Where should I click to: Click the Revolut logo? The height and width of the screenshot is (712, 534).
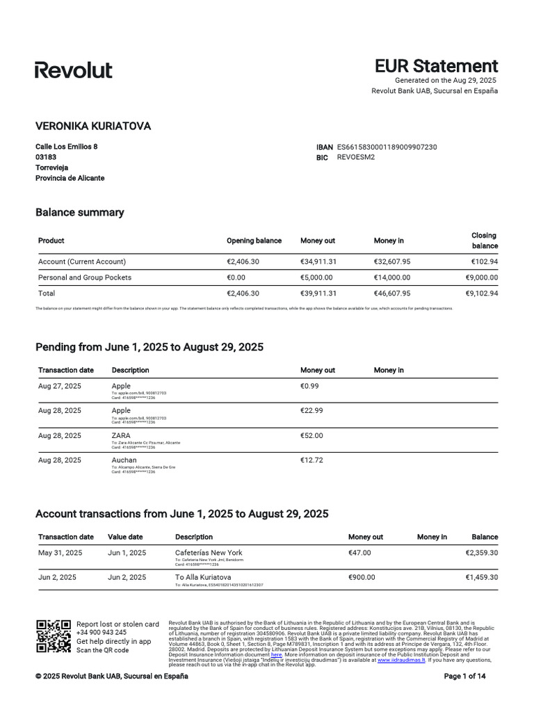[74, 70]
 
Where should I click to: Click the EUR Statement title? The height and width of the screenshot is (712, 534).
[436, 66]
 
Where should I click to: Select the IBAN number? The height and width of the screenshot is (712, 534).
[387, 147]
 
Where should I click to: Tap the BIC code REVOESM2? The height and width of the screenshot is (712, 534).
[356, 157]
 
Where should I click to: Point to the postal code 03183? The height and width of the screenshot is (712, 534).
[46, 157]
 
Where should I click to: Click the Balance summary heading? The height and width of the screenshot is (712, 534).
[79, 212]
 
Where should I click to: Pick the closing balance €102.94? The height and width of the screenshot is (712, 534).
[484, 261]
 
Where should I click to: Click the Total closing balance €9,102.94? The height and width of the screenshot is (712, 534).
[480, 293]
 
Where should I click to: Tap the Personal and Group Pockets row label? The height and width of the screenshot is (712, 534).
[85, 277]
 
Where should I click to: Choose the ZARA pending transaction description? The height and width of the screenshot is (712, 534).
[120, 435]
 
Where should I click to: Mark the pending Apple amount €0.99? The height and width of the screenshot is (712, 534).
[309, 386]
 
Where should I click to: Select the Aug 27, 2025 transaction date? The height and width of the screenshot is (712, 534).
[60, 386]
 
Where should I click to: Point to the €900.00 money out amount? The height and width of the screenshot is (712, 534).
[362, 577]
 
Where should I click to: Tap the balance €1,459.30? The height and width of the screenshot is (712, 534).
[481, 577]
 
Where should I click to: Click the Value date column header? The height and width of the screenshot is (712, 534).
[125, 537]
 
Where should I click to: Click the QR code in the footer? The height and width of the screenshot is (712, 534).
[54, 636]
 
